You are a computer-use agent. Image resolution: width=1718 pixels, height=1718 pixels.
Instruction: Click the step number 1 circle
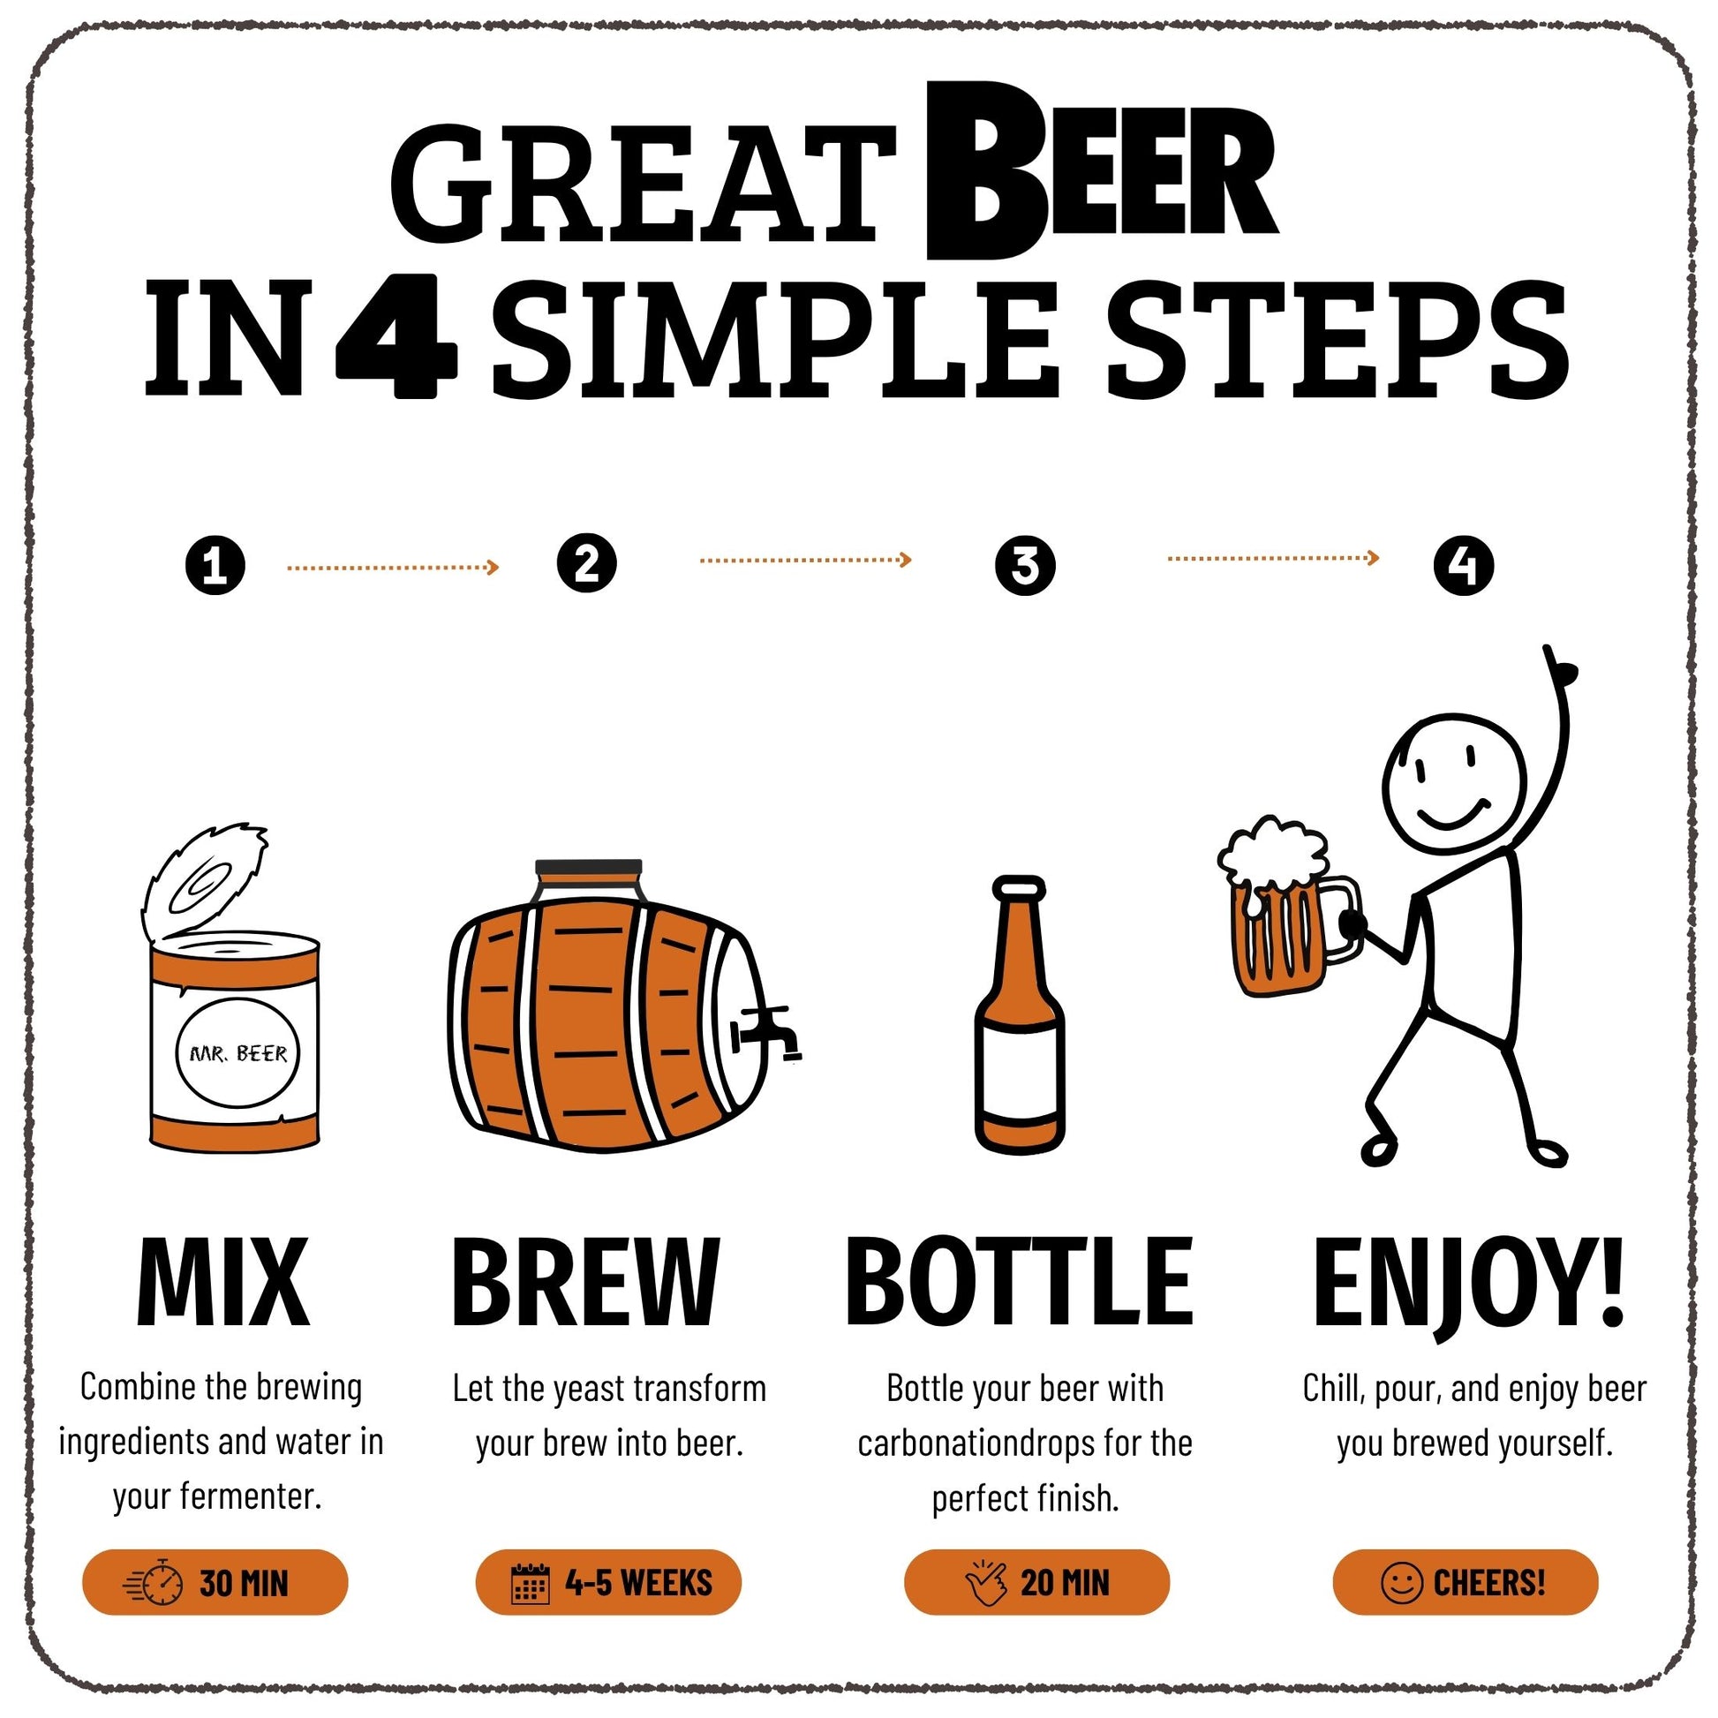tap(215, 565)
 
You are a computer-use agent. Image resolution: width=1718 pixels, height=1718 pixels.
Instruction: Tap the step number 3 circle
tap(1025, 565)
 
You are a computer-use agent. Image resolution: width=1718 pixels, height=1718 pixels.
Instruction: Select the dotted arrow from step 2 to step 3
tap(806, 560)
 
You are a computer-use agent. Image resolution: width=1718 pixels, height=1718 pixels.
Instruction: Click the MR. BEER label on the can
tap(238, 1054)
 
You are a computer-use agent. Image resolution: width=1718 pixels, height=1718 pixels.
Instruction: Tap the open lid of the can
tap(205, 879)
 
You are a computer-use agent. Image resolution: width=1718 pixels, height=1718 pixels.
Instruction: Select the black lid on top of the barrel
tap(588, 867)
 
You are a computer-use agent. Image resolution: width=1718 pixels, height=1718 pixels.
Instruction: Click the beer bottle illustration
tap(1020, 1014)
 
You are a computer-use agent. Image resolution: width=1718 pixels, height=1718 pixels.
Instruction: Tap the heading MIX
tap(223, 1281)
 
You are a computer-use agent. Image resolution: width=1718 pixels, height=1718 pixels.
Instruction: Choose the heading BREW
tap(585, 1281)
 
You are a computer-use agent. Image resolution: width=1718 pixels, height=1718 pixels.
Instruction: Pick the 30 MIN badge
tap(215, 1582)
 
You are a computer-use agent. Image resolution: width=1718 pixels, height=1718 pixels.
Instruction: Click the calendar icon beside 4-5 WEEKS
tap(531, 1583)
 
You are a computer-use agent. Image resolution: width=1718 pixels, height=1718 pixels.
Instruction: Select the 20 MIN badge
tap(1036, 1582)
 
